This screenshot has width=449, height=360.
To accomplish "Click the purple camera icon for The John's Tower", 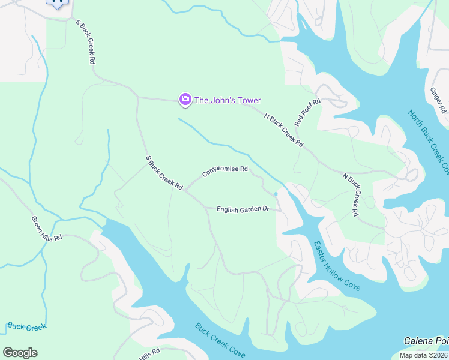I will point(185,100).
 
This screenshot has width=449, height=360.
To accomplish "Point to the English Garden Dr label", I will point(242,209).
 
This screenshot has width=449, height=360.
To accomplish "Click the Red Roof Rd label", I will point(307,112).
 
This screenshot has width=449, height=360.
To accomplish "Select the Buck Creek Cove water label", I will point(220,341).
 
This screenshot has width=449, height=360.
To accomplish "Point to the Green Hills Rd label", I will point(47,228).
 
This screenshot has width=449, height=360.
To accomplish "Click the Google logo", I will point(20,353).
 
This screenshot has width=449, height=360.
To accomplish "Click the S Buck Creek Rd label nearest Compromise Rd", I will point(164,173).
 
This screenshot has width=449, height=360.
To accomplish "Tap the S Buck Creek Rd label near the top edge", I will point(86,41).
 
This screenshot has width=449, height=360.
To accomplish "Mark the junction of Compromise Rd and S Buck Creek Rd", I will point(185,191).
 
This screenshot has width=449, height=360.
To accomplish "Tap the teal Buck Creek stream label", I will point(26,327).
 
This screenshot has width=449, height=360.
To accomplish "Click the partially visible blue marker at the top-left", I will point(57,3).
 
